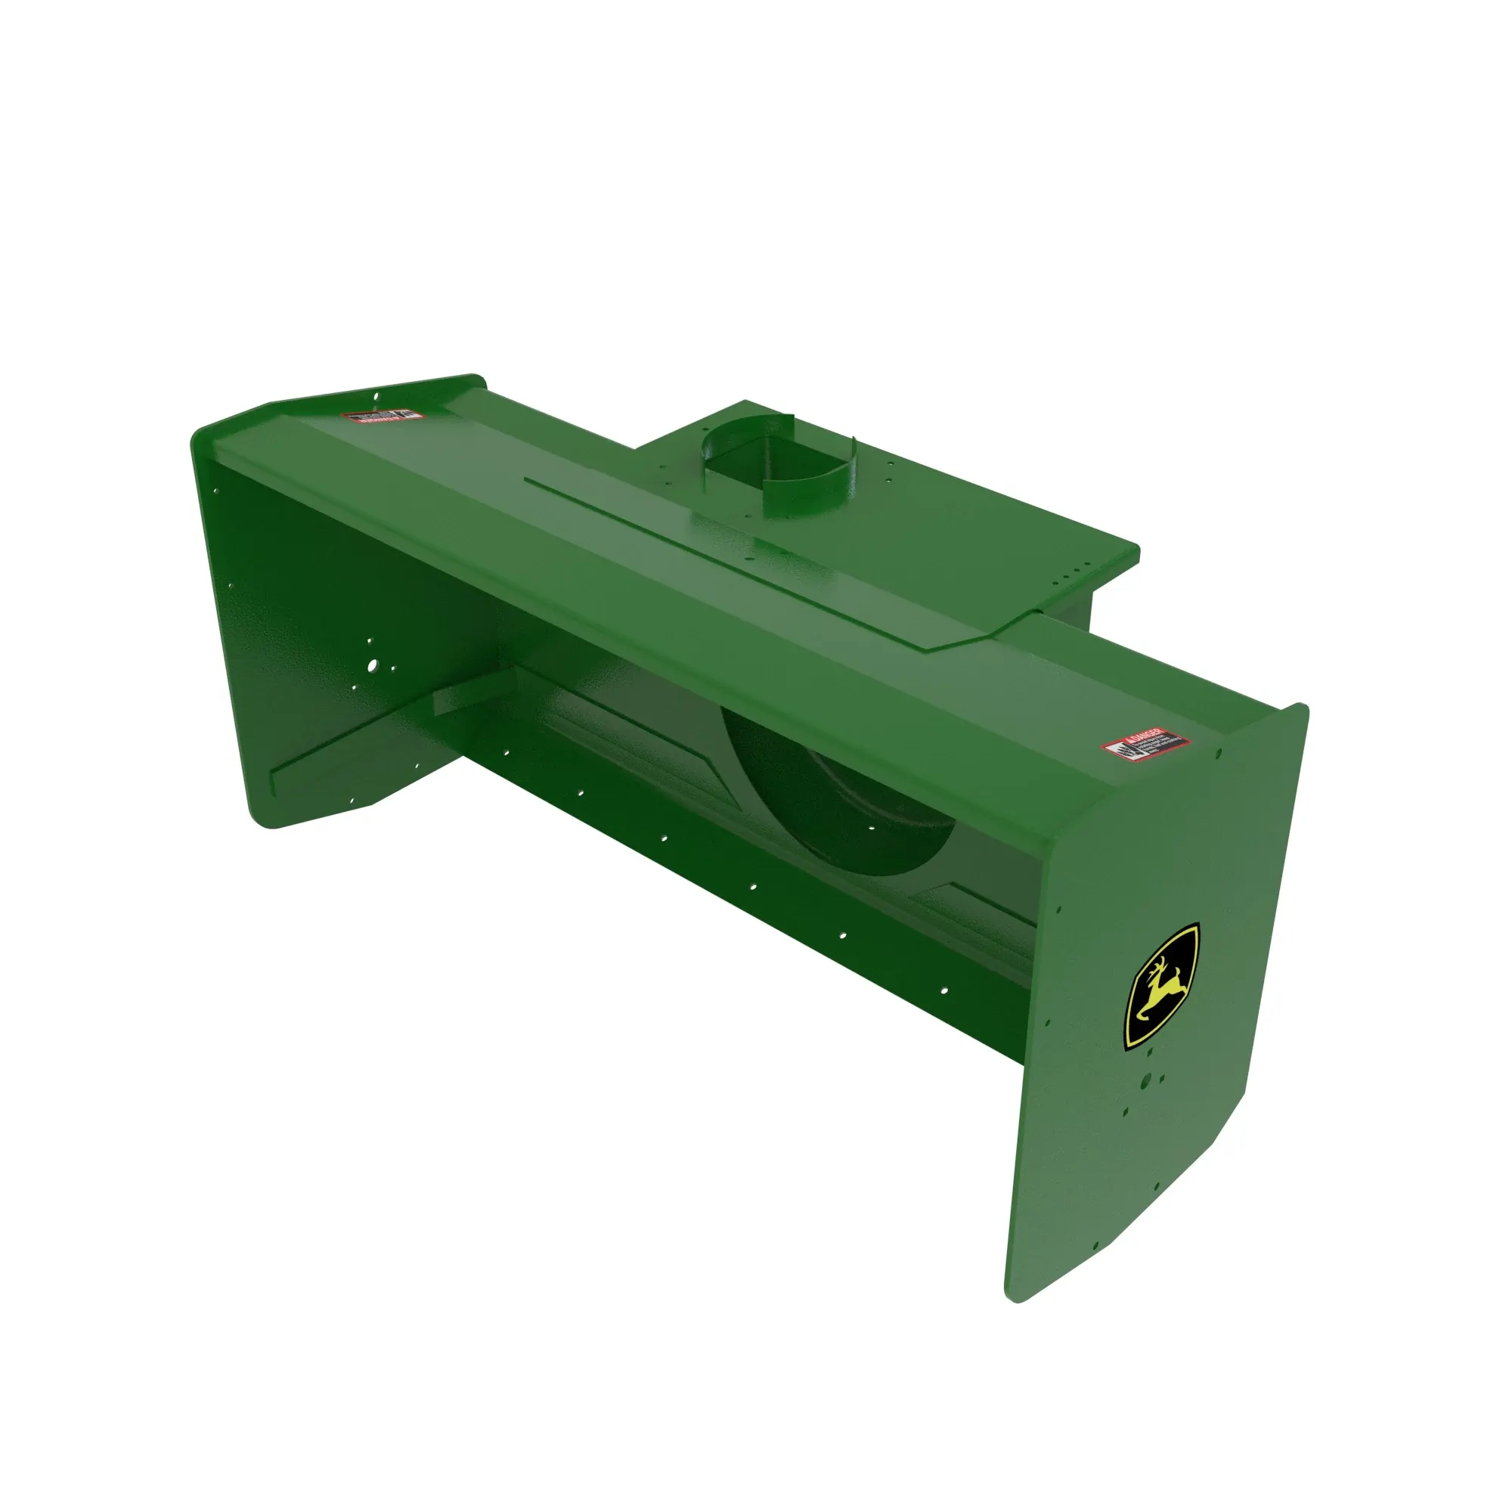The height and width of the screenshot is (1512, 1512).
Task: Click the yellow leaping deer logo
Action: click(x=1162, y=988)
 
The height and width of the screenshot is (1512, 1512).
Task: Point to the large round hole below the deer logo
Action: click(x=1146, y=1082)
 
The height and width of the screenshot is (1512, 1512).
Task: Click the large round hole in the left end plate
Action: click(x=373, y=666)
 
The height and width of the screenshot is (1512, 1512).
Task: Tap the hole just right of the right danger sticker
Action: click(x=1219, y=754)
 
